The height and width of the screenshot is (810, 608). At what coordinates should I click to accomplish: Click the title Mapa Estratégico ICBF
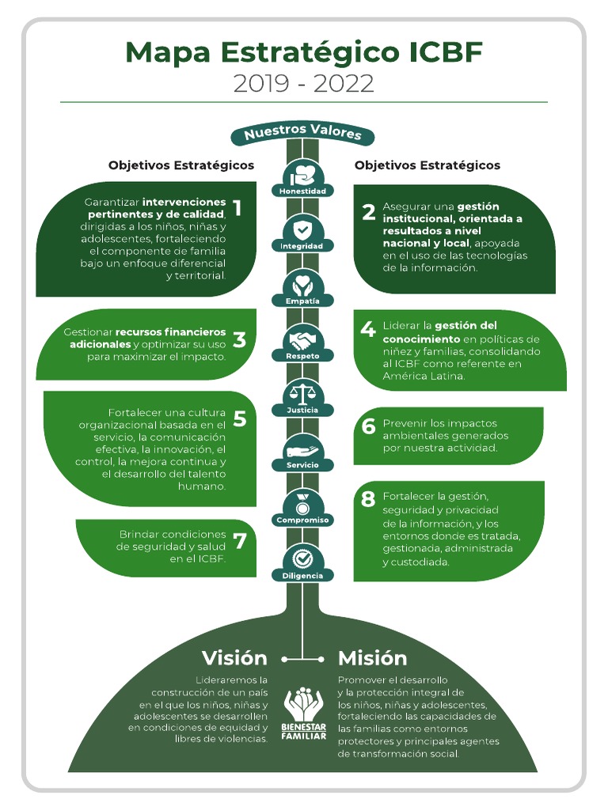click(303, 53)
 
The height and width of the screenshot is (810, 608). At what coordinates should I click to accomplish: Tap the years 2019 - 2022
click(303, 84)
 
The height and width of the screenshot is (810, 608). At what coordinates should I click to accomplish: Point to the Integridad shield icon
click(302, 230)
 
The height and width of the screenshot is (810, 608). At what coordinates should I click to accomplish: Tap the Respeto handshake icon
click(302, 341)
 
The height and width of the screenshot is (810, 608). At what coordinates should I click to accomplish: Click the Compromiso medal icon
click(302, 503)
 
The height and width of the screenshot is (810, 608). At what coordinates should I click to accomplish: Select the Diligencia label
click(302, 576)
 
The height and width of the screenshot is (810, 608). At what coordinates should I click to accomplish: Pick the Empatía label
click(302, 301)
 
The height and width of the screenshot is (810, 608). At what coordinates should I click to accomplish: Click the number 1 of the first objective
click(237, 208)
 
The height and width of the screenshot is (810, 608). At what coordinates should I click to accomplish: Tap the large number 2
click(368, 213)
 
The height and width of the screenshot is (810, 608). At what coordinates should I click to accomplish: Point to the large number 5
click(240, 419)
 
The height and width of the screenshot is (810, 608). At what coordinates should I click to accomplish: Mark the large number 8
click(368, 500)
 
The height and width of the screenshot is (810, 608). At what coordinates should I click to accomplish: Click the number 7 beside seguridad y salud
click(240, 541)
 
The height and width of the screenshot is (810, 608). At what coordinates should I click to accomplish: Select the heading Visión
click(234, 658)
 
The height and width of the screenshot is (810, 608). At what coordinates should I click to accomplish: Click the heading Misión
click(372, 658)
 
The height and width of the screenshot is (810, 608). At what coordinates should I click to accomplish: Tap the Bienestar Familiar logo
click(303, 713)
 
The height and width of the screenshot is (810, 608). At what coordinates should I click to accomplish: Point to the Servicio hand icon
click(302, 449)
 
